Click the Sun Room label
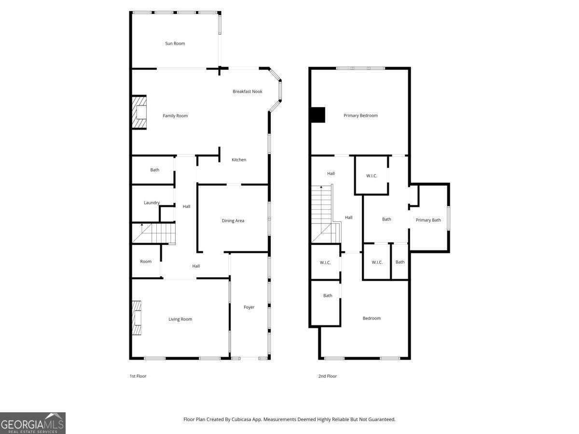pyautogui.click(x=175, y=43)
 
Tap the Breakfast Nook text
pyautogui.click(x=248, y=92)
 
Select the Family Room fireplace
pyautogui.click(x=139, y=112)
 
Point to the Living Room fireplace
pyautogui.click(x=137, y=318)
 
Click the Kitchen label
pyautogui.click(x=239, y=160)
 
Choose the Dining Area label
pyautogui.click(x=233, y=220)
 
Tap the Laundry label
pyautogui.click(x=152, y=203)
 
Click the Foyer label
pyautogui.click(x=249, y=307)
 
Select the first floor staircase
pyautogui.click(x=154, y=233)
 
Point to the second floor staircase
pyautogui.click(x=326, y=214)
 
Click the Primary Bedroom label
pyautogui.click(x=360, y=115)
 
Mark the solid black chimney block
pyautogui.click(x=318, y=115)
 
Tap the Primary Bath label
pyautogui.click(x=428, y=220)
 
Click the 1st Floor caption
pyautogui.click(x=138, y=376)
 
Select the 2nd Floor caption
pyautogui.click(x=327, y=376)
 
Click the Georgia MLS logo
pyautogui.click(x=33, y=423)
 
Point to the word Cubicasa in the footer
pyautogui.click(x=241, y=419)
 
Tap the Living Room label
pyautogui.click(x=180, y=319)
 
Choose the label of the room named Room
pyautogui.click(x=146, y=261)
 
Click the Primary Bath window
pyautogui.click(x=448, y=218)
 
